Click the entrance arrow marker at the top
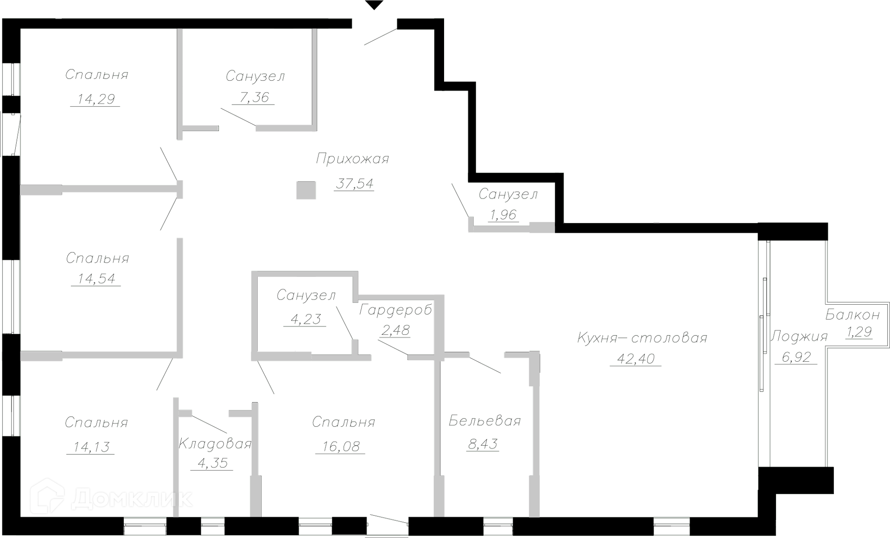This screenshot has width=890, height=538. tap(374, 5)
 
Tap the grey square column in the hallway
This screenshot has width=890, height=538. tap(306, 190)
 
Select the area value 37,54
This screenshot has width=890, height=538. tap(355, 184)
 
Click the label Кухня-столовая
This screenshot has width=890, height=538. tap(642, 338)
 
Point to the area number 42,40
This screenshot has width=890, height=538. tap(636, 359)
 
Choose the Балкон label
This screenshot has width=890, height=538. tap(852, 315)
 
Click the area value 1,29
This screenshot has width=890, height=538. tap(859, 332)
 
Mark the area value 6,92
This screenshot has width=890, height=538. tap(796, 357)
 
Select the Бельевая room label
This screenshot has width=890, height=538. tap(485, 421)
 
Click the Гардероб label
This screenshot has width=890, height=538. tap(396, 310)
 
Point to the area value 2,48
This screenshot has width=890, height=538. tap(395, 330)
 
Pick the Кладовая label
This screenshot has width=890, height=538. tap(215, 444)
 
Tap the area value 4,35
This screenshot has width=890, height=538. tap(212, 463)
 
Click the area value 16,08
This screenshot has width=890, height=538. tap(341, 447)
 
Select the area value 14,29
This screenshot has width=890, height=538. tap(96, 99)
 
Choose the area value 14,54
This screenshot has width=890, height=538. tap(96, 279)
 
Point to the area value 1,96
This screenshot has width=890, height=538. tap(503, 215)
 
